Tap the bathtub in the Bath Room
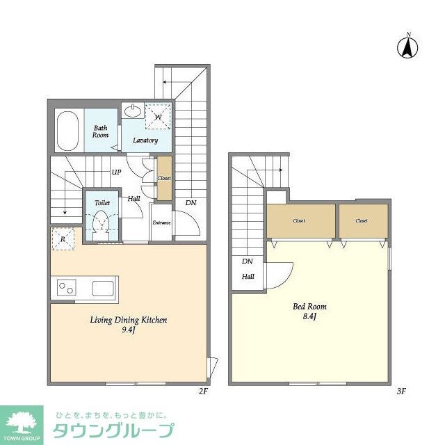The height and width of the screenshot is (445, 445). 68,130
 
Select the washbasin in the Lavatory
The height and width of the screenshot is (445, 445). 132,111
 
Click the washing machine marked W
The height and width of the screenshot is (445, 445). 159,116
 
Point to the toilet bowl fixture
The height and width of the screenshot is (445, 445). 102,220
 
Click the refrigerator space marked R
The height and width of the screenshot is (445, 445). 63,240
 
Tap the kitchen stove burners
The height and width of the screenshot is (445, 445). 67,286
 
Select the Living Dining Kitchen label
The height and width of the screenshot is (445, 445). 129,321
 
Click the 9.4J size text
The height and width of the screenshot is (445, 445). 129,332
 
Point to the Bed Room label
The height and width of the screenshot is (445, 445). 309,306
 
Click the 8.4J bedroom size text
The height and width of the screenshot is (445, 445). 309,317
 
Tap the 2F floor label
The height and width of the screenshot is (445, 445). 203,391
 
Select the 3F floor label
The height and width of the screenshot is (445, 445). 400,391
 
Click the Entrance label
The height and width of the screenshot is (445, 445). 162,222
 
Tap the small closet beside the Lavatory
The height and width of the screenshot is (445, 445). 164,178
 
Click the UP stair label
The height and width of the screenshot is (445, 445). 117,173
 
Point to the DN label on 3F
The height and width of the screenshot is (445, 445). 247,262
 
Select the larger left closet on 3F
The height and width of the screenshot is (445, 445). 299,221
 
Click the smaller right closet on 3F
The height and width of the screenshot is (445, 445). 362,221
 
